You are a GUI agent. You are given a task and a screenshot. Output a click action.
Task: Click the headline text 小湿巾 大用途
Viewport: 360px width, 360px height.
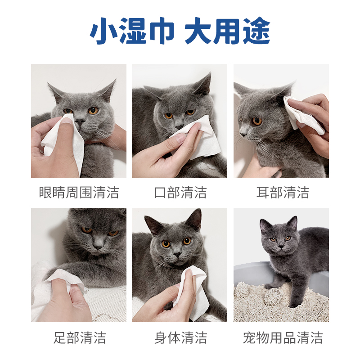click(x=180, y=32)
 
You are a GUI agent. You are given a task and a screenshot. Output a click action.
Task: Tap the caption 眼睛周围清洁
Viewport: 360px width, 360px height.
click(x=79, y=193)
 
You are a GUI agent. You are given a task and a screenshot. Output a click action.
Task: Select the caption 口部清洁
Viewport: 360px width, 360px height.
click(x=180, y=193)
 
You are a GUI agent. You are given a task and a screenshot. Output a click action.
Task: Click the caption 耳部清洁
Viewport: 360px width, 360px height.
click(x=283, y=193)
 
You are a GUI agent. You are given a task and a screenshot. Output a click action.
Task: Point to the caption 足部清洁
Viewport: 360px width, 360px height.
click(x=79, y=337)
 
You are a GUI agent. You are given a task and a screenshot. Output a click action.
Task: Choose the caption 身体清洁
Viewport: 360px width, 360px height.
click(x=180, y=337)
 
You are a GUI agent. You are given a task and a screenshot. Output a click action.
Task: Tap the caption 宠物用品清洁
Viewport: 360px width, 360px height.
click(x=283, y=337)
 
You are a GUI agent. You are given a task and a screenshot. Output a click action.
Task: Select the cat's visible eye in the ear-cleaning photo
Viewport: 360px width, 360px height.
click(x=257, y=121)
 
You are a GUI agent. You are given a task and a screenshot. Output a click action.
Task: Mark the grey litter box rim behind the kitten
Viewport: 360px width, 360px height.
click(x=250, y=270)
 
